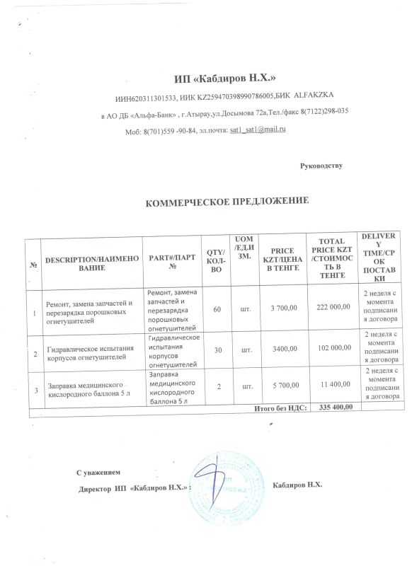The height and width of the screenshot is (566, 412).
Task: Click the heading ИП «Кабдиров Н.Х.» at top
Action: click(x=224, y=76)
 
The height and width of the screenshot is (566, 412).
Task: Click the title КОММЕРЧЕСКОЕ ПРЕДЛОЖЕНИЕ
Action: click(x=227, y=202)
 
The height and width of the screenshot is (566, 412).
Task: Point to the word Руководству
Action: click(x=321, y=166)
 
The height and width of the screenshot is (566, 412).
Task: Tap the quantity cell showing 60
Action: click(x=217, y=310)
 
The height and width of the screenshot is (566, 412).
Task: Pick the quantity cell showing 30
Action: click(x=218, y=350)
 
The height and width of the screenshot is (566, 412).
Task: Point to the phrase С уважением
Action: click(x=99, y=471)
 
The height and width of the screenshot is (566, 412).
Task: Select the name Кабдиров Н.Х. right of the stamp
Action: click(x=297, y=485)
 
